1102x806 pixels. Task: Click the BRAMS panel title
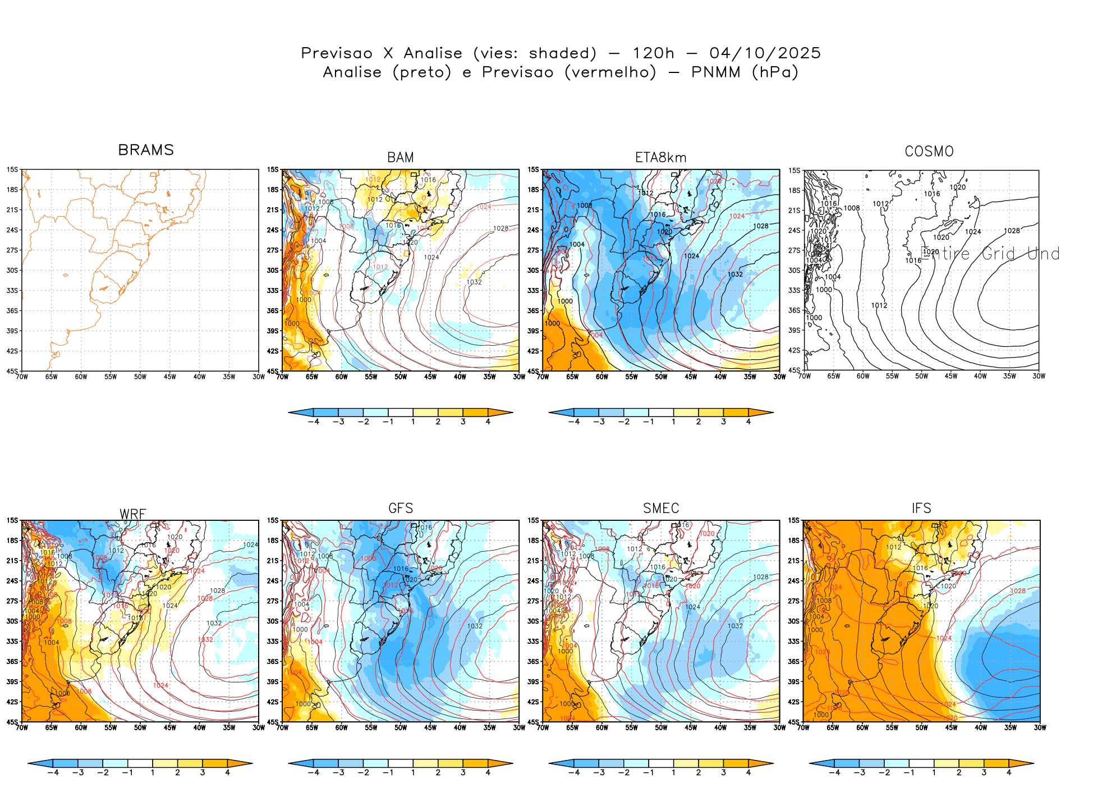click(146, 150)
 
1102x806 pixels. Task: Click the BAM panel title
click(400, 158)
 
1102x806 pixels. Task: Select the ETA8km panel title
click(660, 158)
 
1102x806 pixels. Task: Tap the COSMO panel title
click(929, 152)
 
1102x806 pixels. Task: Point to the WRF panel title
click(133, 514)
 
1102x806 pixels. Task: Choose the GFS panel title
click(400, 508)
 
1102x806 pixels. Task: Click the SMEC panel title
click(660, 508)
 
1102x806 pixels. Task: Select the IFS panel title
click(921, 508)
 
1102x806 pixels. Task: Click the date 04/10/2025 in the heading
click(765, 53)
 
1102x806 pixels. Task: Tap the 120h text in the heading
click(653, 53)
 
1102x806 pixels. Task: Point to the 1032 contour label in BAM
click(474, 282)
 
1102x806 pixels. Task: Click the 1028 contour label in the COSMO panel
click(1012, 231)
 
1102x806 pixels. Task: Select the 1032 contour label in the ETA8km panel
click(735, 274)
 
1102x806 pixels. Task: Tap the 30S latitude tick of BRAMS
click(12, 271)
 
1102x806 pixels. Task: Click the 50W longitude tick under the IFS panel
click(921, 728)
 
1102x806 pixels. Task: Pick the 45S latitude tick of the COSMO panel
click(794, 370)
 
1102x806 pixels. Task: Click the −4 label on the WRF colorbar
click(53, 773)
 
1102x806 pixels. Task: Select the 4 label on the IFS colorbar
click(1008, 773)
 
